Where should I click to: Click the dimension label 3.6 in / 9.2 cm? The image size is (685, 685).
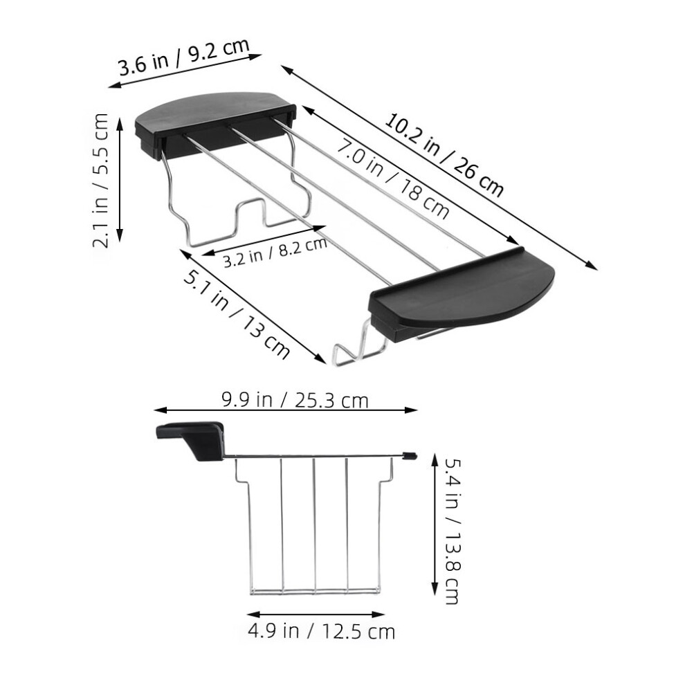point(183,57)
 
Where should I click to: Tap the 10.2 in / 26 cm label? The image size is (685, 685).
point(444,154)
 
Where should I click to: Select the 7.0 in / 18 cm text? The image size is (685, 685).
point(392,179)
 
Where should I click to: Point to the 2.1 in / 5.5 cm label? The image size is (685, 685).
point(100,180)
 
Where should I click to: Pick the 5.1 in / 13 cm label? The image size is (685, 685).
point(237,315)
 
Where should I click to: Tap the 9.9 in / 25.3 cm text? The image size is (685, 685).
point(295,400)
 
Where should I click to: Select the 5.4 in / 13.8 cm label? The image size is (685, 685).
point(452,531)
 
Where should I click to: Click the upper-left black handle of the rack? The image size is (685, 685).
point(215,124)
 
